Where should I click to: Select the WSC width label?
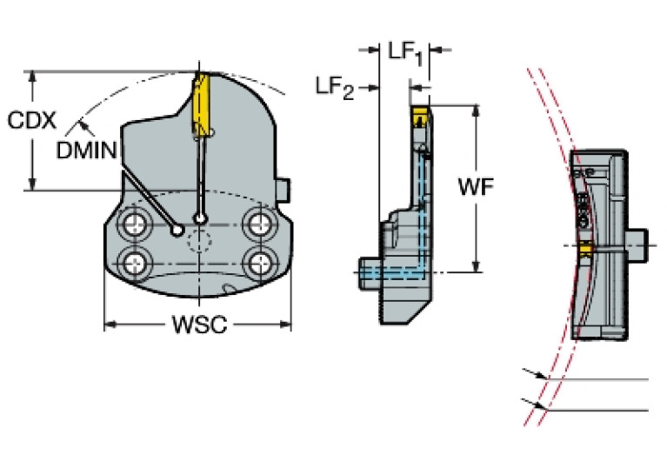[x=198, y=325]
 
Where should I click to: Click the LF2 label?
[x=335, y=86]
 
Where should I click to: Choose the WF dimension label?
[x=476, y=186]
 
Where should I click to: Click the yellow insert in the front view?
[x=199, y=101]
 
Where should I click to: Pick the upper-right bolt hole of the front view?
[x=258, y=224]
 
